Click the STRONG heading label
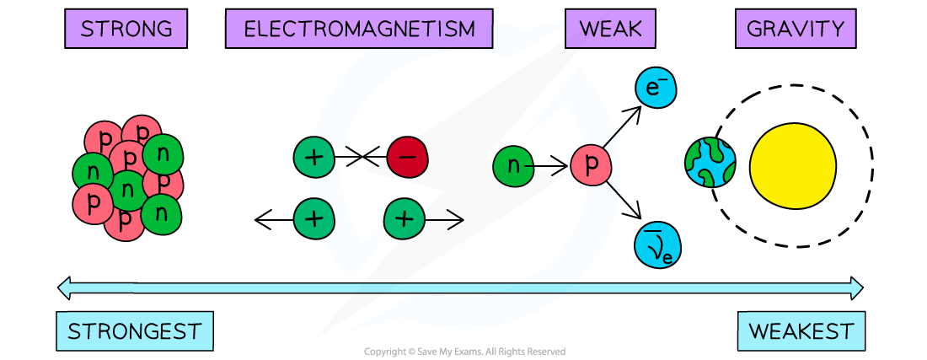click(x=126, y=30)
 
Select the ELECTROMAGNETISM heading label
click(x=359, y=30)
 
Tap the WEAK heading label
click(x=610, y=30)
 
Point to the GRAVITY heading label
click(x=795, y=30)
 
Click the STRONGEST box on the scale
click(x=134, y=331)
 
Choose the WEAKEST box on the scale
click(x=801, y=331)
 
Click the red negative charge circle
click(x=407, y=158)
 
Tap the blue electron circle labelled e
click(x=656, y=88)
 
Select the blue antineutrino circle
click(x=657, y=246)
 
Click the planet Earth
click(x=710, y=163)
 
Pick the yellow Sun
click(x=792, y=166)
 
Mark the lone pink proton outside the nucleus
click(x=591, y=165)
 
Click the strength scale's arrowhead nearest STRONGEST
click(x=63, y=288)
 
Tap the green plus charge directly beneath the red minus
click(x=405, y=219)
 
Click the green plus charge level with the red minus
click(x=313, y=158)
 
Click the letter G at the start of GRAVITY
click(x=755, y=30)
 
